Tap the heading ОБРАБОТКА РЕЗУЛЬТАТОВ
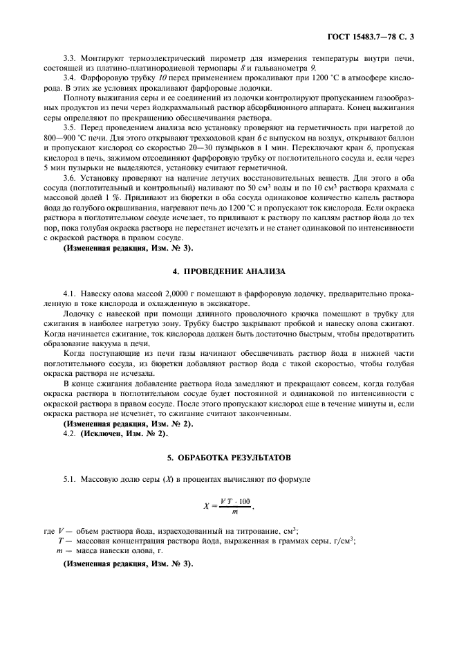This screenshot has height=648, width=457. coord(227,458)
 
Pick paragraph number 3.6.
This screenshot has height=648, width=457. coord(70,179)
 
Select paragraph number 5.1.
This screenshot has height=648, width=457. coord(70,478)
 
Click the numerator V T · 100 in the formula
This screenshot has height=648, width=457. coord(236,500)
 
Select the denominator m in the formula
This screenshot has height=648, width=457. coord(236,512)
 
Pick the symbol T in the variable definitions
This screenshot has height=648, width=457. coord(61,541)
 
